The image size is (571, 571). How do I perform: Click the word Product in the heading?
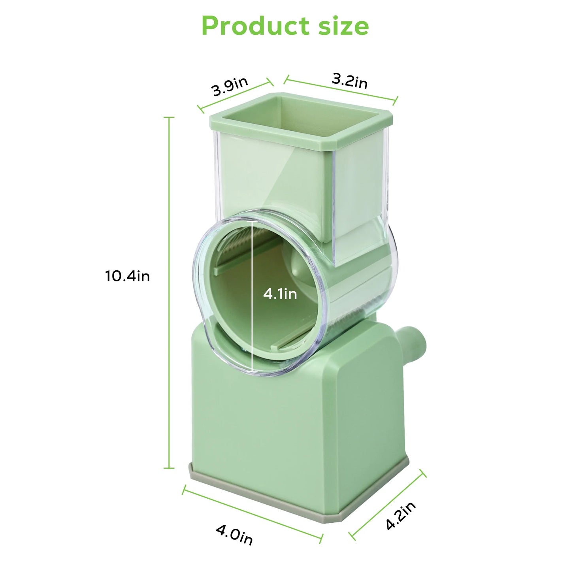(x=254, y=26)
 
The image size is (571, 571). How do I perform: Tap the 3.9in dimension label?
(x=230, y=87)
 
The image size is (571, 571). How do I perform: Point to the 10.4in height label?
(x=127, y=276)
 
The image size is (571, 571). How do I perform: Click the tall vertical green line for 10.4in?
(x=170, y=292)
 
